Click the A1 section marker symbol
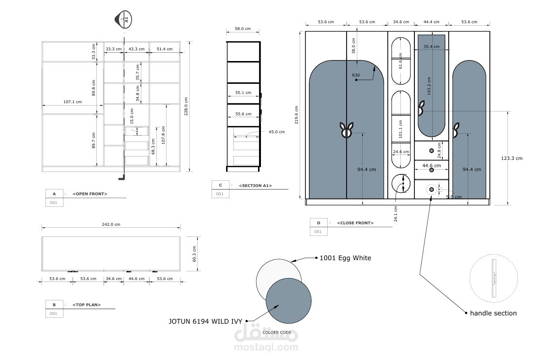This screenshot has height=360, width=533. coord(123,19)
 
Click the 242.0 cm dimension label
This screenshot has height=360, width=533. coord(111,224)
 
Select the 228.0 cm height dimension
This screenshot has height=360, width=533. coord(186,107)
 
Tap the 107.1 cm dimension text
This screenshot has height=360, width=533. coord(73,102)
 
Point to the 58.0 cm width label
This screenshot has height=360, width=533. coord(243,29)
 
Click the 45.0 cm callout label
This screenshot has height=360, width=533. coord(277,132)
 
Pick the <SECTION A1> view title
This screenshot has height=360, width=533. coord(255,186)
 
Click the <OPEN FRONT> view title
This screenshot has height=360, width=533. coord(90,194)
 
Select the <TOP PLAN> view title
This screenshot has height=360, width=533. coord(87,305)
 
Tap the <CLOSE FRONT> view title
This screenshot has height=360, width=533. coord(355,223)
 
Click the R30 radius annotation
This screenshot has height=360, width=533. coord(355,75)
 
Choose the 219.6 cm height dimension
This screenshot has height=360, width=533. coord(296,115)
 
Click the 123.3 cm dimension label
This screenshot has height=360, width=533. coord(512,158)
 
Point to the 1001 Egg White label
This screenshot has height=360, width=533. coord(345,258)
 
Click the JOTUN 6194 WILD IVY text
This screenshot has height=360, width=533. coord(205,321)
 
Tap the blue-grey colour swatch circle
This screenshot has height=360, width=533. coord(289,301)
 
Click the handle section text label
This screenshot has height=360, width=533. coord(493,313)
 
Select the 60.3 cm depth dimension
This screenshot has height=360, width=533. coord(195,254)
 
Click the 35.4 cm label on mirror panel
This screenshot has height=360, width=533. coord(431,47)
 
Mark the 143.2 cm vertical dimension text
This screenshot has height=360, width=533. coord(429,86)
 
